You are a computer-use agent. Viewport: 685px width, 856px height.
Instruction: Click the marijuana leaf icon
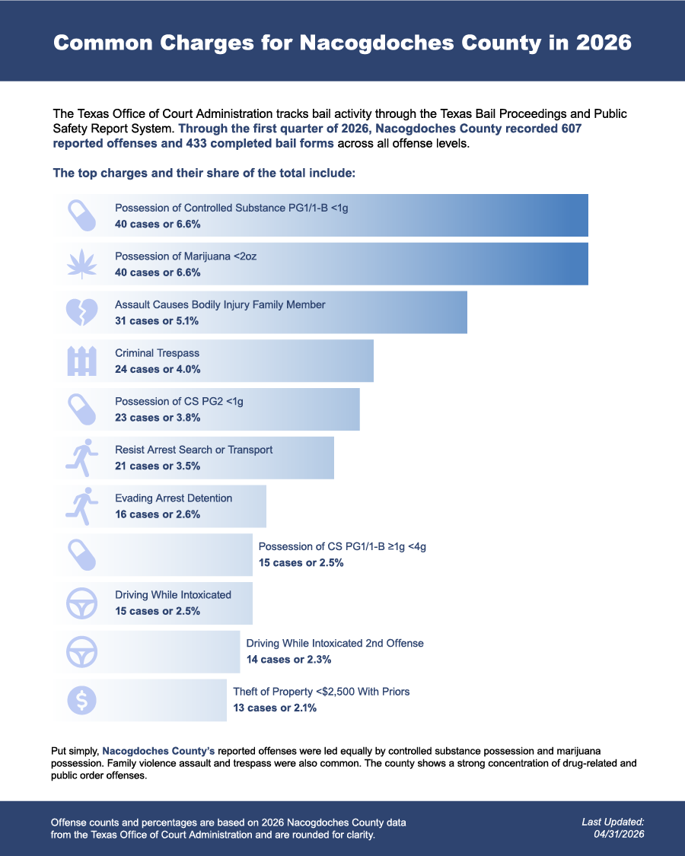point(82,264)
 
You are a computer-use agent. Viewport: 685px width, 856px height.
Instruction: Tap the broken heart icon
point(82,312)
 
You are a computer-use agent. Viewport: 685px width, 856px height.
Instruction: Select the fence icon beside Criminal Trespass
point(82,361)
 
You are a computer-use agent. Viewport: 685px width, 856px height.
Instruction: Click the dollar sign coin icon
point(82,700)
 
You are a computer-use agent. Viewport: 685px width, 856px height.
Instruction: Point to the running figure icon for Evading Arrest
point(82,506)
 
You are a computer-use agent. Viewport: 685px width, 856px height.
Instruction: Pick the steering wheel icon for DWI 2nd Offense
point(82,652)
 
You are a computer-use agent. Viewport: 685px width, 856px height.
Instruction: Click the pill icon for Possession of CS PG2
point(82,409)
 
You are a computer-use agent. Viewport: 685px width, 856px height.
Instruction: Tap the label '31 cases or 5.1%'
point(157,321)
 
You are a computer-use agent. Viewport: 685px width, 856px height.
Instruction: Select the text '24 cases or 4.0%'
point(158,369)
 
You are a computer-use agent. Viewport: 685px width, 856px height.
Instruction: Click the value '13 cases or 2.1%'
point(275,708)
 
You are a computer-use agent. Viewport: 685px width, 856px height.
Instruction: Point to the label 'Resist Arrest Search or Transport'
point(193,450)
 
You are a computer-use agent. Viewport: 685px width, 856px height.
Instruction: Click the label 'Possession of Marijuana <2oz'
point(186,256)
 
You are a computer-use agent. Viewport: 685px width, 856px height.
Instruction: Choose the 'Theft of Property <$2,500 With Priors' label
point(321,692)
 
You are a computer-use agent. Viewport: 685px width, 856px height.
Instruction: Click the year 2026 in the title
point(604,43)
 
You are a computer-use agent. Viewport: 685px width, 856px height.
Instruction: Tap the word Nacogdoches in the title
point(377,43)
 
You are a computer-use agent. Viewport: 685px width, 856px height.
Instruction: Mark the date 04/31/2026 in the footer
point(619,834)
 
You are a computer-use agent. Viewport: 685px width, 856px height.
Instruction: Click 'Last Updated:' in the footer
point(613,822)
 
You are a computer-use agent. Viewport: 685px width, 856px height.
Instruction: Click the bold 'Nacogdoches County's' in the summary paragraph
point(158,751)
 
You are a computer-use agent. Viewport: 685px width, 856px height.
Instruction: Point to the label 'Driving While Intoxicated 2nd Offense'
point(335,643)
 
